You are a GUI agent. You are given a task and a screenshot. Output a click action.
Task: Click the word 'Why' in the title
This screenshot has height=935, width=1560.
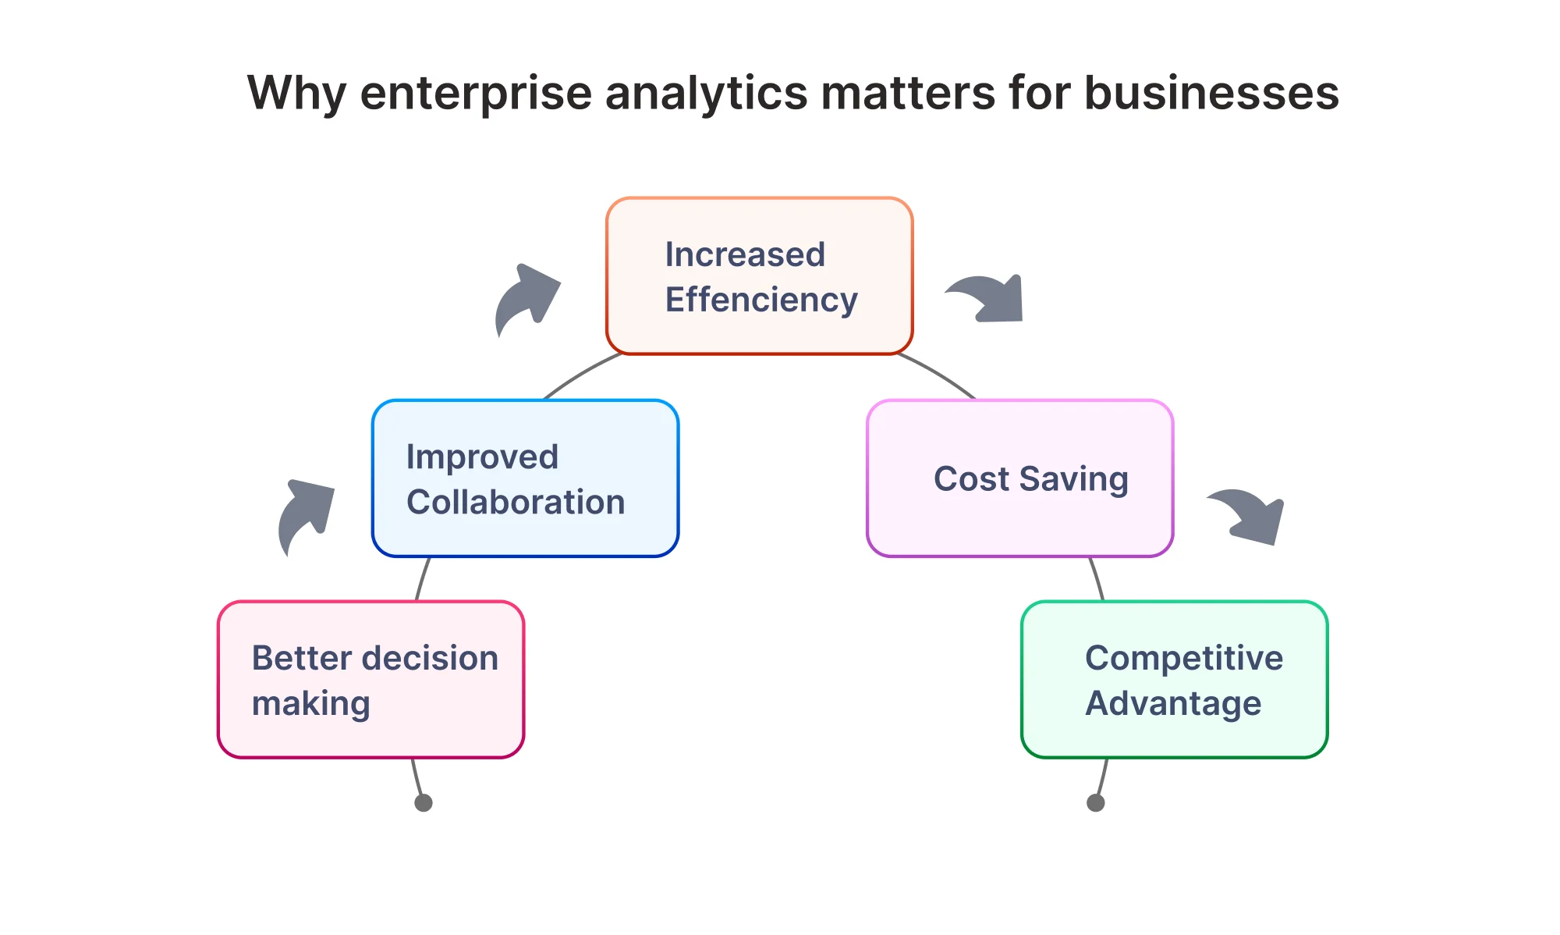coord(297,94)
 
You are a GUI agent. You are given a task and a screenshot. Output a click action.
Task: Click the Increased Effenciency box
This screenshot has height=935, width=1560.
coord(760,276)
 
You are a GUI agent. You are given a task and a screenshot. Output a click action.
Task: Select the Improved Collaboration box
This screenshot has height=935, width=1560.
coord(526,478)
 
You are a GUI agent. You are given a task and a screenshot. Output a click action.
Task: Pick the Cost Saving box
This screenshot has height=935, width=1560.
coord(1020,478)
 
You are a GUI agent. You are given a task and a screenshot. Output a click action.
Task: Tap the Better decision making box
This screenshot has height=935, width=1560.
coord(371,679)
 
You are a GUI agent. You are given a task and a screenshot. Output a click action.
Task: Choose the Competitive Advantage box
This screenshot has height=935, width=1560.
coord(1175,679)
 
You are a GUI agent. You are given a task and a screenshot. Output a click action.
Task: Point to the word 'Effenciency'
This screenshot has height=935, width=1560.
coord(761,300)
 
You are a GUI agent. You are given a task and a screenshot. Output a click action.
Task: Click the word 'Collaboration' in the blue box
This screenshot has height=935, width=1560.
coord(516,502)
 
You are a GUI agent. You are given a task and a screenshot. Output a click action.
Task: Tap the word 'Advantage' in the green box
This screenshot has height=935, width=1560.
coord(1173,704)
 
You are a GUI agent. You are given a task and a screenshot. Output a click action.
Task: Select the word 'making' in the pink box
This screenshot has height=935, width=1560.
coord(310,704)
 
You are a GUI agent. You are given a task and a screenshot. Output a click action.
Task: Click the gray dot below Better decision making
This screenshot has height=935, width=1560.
coord(424,802)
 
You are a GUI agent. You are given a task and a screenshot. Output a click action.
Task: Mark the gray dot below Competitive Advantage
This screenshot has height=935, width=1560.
coord(1096,802)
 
